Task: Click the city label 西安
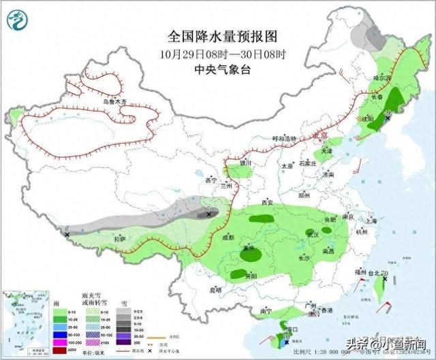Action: pos(266,203)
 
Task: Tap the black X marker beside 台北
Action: pos(386,262)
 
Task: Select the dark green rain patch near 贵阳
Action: pos(238,274)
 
